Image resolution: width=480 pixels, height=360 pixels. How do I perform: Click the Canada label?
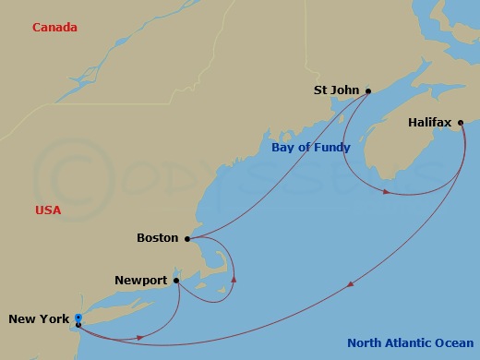(x=54, y=28)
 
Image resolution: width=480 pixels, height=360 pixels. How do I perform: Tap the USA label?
(x=48, y=210)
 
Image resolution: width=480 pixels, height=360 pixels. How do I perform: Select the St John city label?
(x=336, y=90)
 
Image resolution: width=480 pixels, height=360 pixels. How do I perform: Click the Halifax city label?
(x=429, y=121)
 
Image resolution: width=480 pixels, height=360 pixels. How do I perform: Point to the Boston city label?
(x=157, y=238)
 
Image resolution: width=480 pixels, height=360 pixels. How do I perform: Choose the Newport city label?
(x=141, y=280)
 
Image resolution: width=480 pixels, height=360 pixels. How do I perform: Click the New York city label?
(x=39, y=319)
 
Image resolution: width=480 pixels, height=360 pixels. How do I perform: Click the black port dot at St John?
(x=368, y=90)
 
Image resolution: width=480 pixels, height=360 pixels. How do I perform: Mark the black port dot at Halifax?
(x=461, y=121)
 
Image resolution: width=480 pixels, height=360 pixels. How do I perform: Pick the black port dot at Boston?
(x=187, y=238)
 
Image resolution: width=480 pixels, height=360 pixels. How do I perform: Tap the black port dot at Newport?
(x=175, y=280)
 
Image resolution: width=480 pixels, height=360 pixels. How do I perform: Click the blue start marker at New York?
(x=78, y=318)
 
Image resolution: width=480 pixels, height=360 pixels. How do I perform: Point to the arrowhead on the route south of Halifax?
(x=386, y=192)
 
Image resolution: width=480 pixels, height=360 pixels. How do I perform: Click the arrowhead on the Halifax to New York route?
(x=350, y=285)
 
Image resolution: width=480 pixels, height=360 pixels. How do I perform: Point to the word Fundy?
(x=337, y=148)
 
